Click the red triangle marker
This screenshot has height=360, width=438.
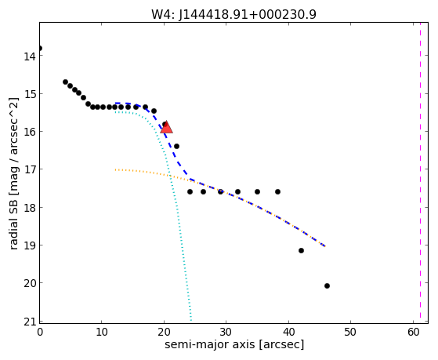[x=166, y=127]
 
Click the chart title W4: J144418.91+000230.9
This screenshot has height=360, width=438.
[x=233, y=14]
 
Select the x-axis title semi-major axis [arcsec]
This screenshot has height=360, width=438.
[x=234, y=344]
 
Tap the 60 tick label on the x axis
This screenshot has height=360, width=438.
[x=414, y=332]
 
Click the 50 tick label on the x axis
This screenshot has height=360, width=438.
[x=350, y=332]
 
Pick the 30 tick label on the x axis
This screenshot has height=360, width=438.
[x=226, y=332]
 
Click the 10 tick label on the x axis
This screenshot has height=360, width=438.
[x=101, y=332]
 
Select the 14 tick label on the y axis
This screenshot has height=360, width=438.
[x=30, y=56]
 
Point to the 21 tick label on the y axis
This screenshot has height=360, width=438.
[x=30, y=322]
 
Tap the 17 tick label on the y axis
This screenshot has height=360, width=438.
[x=30, y=169]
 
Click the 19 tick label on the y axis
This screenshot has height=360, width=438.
[x=30, y=245]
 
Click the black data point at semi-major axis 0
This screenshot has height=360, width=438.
[x=40, y=48]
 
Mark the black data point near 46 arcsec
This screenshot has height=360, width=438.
[x=327, y=285]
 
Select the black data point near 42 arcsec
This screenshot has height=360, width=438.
[x=301, y=250]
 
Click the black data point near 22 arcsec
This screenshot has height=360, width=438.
[x=176, y=146]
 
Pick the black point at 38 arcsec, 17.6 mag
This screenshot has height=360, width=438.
[x=277, y=191]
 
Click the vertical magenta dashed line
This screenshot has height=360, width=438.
[x=420, y=173]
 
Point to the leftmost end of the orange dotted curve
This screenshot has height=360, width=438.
[x=115, y=169]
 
